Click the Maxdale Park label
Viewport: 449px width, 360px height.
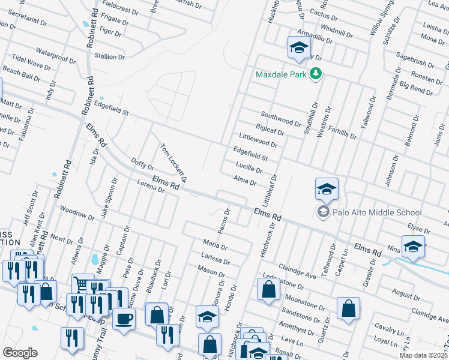point(281,74)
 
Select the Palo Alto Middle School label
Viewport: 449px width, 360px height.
point(377,212)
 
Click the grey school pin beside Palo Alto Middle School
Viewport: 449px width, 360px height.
point(323,212)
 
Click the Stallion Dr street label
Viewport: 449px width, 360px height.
point(109,56)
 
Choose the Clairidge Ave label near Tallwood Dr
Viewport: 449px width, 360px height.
point(297,271)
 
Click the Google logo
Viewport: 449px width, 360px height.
point(20,353)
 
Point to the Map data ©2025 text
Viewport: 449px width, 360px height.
point(423,355)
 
